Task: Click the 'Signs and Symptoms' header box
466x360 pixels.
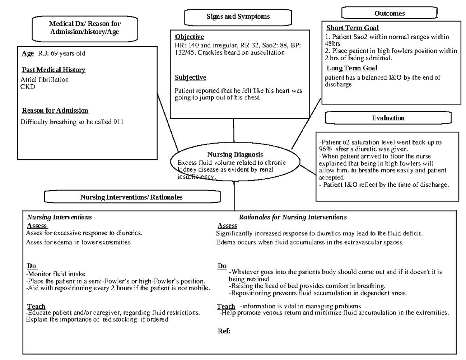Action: coord(238,17)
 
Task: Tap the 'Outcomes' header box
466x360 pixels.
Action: coord(389,14)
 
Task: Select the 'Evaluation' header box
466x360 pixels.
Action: coord(388,118)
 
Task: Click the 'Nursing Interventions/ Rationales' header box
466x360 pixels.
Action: coord(131,197)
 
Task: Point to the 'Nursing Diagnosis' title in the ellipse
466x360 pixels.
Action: coord(235,155)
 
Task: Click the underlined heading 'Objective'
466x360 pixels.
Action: coord(189,37)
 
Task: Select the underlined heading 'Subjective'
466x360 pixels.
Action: coord(190,78)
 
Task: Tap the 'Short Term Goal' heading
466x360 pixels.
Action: coord(352,28)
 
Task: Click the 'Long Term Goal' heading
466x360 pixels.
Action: coord(351,68)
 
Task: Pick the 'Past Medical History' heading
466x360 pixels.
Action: coord(53,70)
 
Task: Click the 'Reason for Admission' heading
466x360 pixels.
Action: coord(55,111)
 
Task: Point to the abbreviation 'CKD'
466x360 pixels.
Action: coord(28,87)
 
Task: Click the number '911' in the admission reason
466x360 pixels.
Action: coord(118,122)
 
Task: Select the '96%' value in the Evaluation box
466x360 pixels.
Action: coord(325,149)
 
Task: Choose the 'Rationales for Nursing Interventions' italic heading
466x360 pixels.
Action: coord(293,217)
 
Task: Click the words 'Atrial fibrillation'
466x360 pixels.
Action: coord(44,80)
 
